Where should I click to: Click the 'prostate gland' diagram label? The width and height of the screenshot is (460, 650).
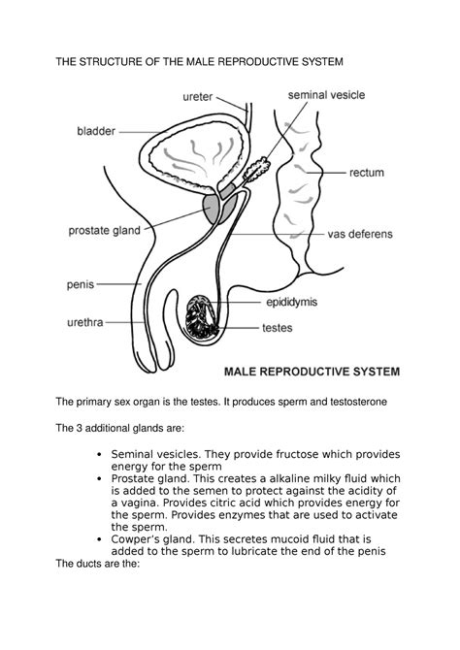click(105, 230)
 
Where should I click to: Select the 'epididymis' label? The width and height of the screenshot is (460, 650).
click(294, 302)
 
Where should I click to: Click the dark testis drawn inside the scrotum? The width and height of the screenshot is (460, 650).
click(207, 319)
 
